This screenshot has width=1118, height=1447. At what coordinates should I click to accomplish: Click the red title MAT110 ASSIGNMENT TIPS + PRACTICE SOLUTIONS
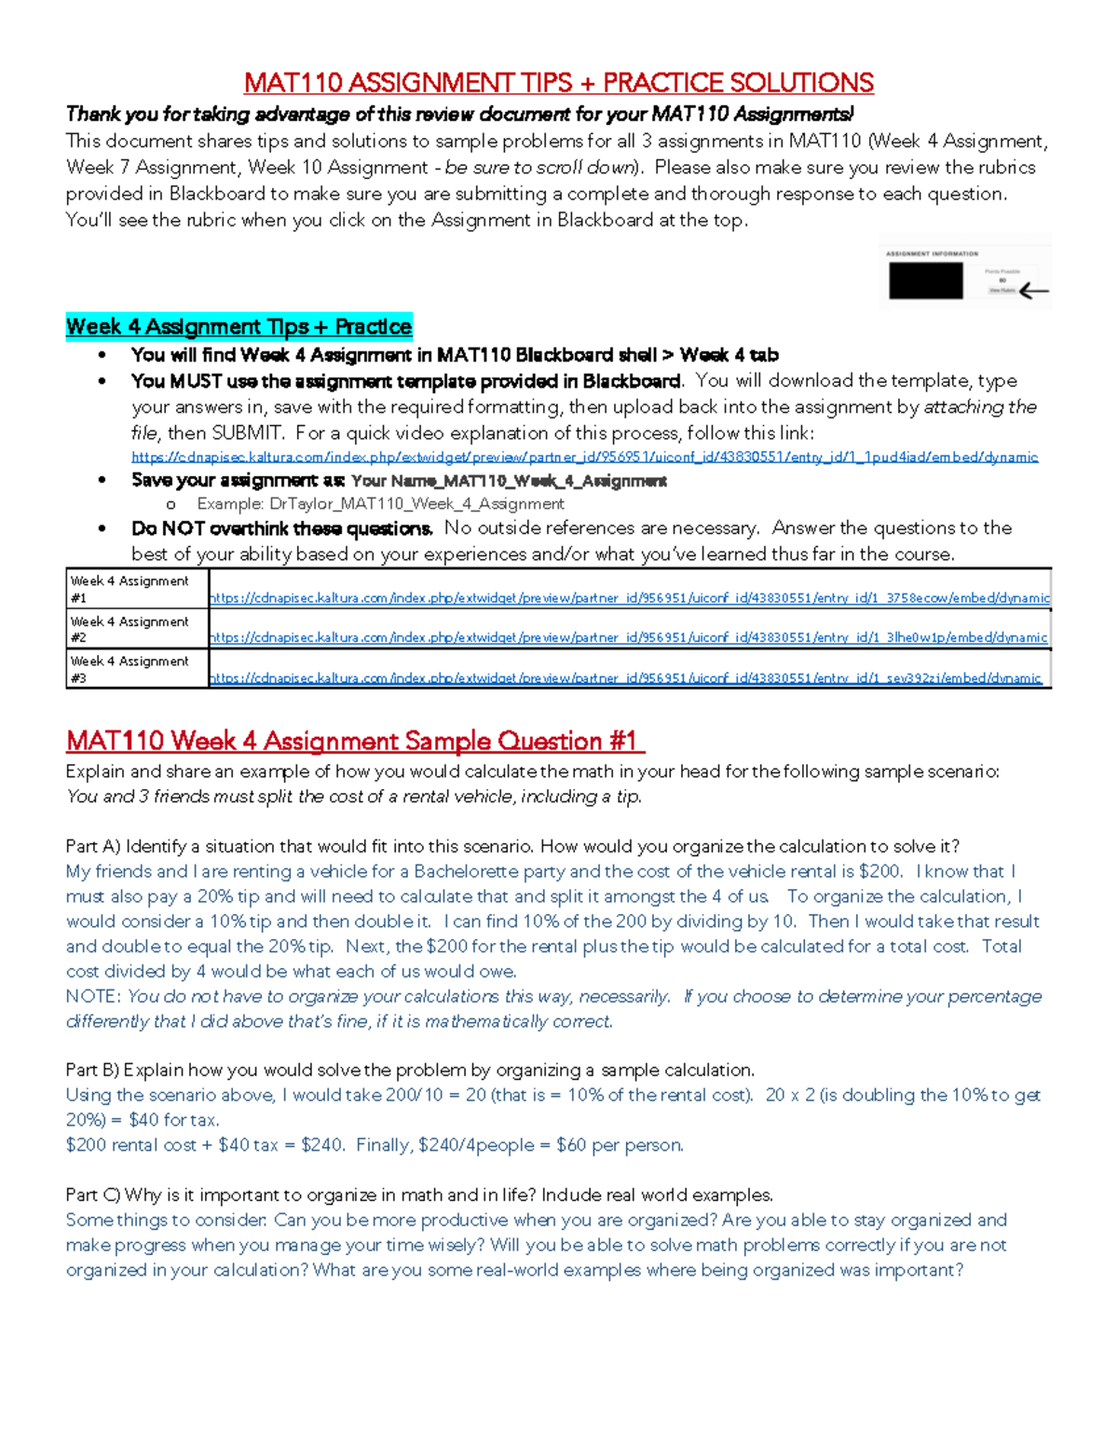pos(558,84)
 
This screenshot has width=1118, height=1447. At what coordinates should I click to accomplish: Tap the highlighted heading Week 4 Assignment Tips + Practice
pos(239,327)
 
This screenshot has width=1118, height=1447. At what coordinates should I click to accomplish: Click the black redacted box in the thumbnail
pos(925,280)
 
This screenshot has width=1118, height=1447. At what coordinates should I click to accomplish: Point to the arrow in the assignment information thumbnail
pos(1033,291)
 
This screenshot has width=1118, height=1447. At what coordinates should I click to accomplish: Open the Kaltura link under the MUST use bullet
pos(584,457)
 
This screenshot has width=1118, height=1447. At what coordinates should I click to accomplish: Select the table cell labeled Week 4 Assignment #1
pos(136,589)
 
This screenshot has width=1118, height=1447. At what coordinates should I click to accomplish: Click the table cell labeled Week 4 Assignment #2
pos(136,629)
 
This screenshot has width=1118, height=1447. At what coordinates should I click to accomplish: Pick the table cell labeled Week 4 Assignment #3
pos(136,669)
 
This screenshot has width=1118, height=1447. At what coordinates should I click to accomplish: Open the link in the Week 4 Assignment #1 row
pos(629,598)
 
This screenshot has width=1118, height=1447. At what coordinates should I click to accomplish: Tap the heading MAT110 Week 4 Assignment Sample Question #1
pos(354,742)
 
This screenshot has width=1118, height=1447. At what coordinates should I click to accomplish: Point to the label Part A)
pos(93,847)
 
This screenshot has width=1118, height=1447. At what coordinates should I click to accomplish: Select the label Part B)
pos(92,1071)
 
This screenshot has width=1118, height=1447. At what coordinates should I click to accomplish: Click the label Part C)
pos(93,1195)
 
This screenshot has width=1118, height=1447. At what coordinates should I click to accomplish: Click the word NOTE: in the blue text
pos(93,997)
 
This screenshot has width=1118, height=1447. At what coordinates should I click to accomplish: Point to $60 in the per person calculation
pos(571,1145)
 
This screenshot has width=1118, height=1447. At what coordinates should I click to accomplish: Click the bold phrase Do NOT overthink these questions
pos(282,529)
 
